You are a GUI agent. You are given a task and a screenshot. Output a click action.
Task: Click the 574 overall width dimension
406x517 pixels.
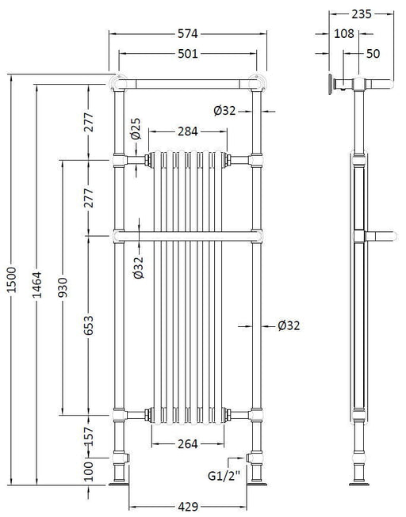click(188, 33)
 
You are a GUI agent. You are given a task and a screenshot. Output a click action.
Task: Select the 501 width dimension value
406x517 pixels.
click(188, 53)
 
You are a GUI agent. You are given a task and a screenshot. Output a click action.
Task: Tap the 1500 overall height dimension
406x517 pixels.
click(12, 279)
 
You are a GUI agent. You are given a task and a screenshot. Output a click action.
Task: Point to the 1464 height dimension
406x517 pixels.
click(37, 284)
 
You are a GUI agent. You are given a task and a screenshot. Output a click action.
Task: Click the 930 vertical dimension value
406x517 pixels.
click(63, 287)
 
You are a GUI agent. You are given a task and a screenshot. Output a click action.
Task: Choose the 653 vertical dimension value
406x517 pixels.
click(88, 325)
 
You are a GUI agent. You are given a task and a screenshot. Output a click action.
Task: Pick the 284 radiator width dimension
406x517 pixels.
click(188, 131)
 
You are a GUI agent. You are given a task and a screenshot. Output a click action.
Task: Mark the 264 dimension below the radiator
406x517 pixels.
click(188, 444)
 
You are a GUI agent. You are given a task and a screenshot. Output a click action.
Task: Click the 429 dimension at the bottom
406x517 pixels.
click(188, 507)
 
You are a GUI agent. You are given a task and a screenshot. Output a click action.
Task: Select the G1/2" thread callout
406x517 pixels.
click(224, 476)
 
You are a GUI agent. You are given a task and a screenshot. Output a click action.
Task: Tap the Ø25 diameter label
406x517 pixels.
click(136, 129)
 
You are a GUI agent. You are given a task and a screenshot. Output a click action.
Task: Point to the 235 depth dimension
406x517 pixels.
click(362, 14)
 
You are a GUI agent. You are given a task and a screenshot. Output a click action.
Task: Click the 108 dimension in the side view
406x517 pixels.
click(344, 33)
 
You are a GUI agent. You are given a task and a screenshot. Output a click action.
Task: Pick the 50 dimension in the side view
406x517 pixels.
click(373, 53)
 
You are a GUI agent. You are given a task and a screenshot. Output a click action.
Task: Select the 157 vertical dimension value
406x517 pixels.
click(88, 436)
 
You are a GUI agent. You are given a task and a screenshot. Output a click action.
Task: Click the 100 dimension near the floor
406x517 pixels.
click(88, 471)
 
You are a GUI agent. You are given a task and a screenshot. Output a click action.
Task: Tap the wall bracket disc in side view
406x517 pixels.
click(331, 85)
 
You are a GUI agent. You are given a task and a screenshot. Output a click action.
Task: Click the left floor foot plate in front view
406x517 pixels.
click(119, 484)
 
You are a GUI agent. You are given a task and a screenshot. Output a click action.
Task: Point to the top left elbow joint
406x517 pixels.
click(119, 82)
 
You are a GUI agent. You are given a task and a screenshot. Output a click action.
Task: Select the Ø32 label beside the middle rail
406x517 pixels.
click(139, 268)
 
